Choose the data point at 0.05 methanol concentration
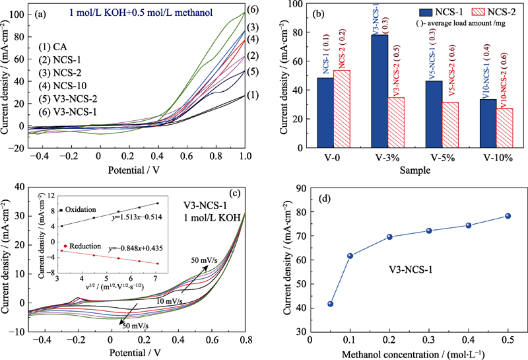coord(330,304)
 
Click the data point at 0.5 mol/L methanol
coord(508,216)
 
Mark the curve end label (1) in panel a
coord(251,95)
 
